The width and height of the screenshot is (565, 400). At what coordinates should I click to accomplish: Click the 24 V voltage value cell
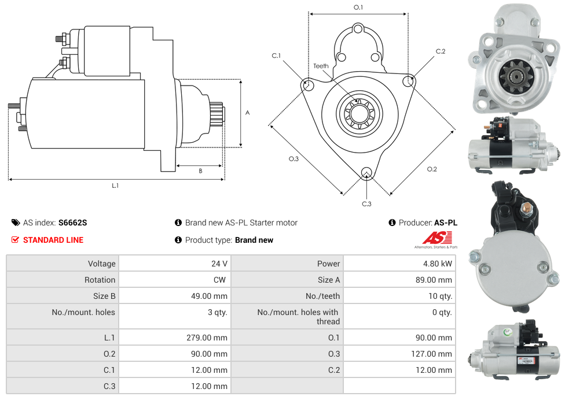click(x=219, y=264)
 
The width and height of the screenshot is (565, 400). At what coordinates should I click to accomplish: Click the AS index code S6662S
click(x=72, y=223)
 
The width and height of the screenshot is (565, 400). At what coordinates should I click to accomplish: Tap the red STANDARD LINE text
click(x=53, y=240)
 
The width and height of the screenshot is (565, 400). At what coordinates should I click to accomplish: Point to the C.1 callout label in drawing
click(x=276, y=56)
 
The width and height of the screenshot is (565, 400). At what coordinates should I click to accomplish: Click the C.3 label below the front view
click(x=366, y=203)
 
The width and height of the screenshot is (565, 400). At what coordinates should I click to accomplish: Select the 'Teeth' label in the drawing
click(x=321, y=66)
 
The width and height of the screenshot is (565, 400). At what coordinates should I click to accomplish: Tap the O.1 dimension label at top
click(x=358, y=8)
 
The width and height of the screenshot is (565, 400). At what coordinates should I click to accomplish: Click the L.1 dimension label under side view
click(x=115, y=186)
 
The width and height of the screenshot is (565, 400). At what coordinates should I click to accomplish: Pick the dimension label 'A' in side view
click(x=248, y=113)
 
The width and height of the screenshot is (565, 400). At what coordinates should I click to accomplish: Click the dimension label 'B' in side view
click(x=200, y=171)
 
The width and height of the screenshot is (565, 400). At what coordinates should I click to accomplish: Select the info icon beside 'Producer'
click(x=392, y=223)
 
